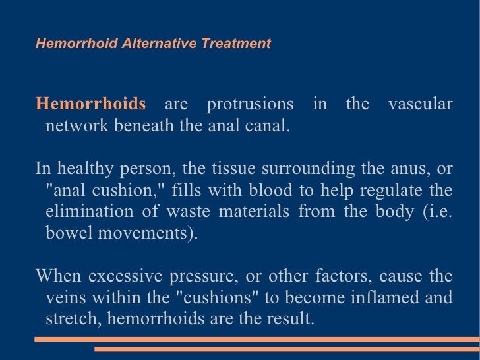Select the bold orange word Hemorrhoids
tap(90, 104)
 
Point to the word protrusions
tap(250, 104)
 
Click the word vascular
tap(420, 104)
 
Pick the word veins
tap(65, 297)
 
